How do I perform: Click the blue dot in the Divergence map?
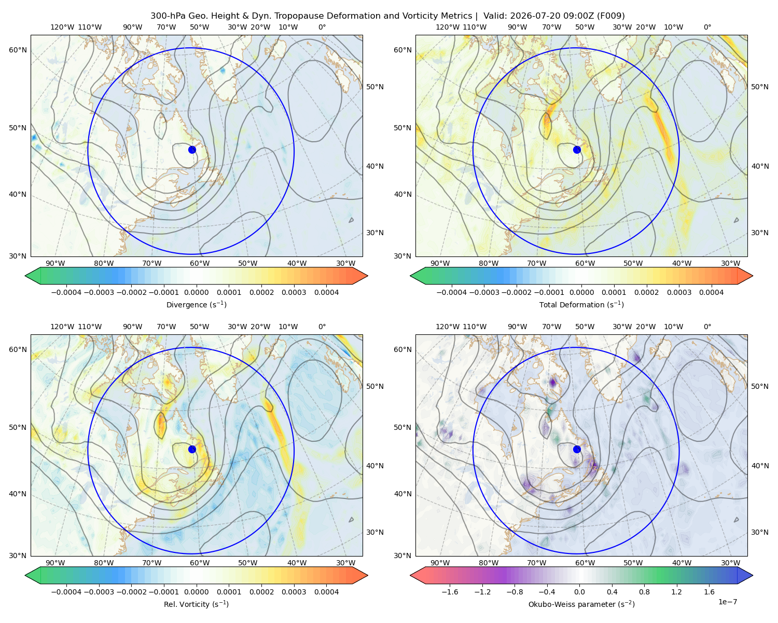(x=192, y=150)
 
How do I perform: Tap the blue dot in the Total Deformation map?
(x=577, y=150)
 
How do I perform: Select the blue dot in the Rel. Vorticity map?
(x=192, y=449)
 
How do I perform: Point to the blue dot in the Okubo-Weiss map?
(x=577, y=449)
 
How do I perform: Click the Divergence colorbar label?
(x=196, y=305)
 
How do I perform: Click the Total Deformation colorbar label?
(x=581, y=305)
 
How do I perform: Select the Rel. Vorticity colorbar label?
(x=196, y=604)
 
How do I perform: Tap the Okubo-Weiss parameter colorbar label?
(x=581, y=604)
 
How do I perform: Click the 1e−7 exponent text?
(x=727, y=602)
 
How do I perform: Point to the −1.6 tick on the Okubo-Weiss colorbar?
(x=450, y=592)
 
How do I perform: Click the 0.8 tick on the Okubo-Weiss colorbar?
(x=644, y=592)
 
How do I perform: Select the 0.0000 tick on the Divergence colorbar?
(x=196, y=292)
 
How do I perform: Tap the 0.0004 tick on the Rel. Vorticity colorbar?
(x=326, y=592)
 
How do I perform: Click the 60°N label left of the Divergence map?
(x=18, y=50)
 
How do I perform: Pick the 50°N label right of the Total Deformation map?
(x=760, y=87)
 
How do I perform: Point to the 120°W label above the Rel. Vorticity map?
(x=62, y=327)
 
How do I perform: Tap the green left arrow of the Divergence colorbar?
(x=33, y=276)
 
